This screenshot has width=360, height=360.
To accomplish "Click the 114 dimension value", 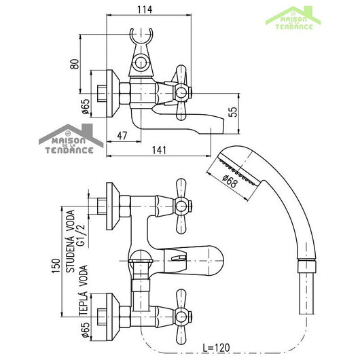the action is coord(145,10).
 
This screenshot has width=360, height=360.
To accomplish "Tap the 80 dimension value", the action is coord(75,64).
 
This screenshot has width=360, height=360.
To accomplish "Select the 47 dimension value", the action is coord(122,136).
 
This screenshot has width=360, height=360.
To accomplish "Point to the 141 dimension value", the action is coord(159,150).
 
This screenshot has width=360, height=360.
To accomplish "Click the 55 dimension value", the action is coord(233,112).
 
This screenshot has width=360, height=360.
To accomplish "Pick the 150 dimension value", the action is coord(56,266).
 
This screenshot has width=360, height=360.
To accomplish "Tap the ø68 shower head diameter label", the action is coord(230,181).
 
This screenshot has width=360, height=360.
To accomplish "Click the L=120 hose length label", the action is coord(216,347).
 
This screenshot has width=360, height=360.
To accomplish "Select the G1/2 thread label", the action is coord(81,235).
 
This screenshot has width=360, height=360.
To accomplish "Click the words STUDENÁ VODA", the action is coord(70,241).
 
